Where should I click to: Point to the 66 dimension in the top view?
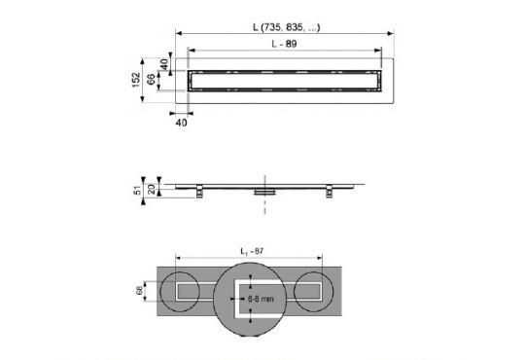(x=152, y=79)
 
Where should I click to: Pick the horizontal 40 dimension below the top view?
(x=181, y=124)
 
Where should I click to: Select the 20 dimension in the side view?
(x=152, y=187)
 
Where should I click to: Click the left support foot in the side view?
(x=200, y=191)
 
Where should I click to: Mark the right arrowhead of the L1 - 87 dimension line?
(x=325, y=259)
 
